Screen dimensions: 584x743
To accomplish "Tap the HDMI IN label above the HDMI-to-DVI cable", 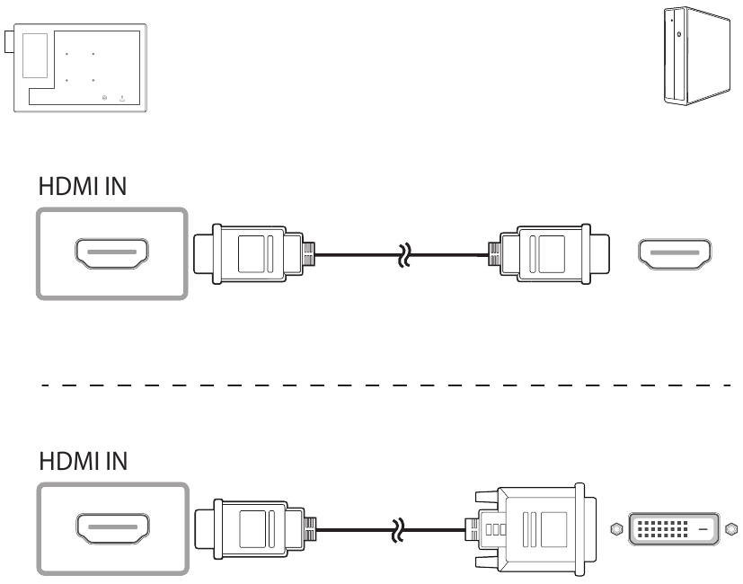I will click(x=83, y=461).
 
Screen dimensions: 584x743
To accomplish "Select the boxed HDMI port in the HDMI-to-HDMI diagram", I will click(x=111, y=254).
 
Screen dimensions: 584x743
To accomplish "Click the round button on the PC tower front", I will click(x=678, y=35).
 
